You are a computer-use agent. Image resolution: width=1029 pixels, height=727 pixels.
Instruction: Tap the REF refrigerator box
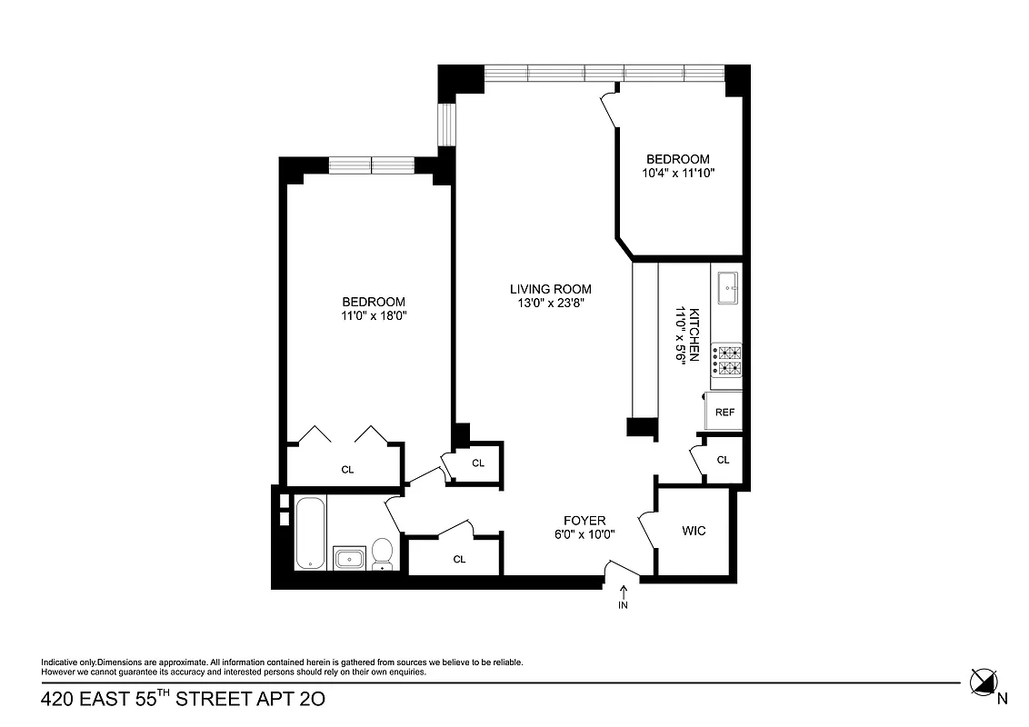[x=724, y=412]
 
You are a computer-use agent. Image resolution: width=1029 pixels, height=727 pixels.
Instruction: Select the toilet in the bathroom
[x=383, y=553]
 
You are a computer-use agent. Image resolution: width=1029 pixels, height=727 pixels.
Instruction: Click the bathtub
[x=310, y=533]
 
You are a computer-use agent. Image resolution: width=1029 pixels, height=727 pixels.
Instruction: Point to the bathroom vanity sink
[x=350, y=557]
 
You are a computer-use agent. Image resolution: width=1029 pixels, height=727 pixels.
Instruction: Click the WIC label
[x=694, y=531]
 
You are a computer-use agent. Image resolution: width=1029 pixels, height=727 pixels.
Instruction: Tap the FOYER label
[x=584, y=521]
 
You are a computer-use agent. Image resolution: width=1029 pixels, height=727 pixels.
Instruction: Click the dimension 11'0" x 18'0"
[x=374, y=316]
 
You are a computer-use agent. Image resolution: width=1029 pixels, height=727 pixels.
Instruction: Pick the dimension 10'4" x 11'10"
[x=679, y=173]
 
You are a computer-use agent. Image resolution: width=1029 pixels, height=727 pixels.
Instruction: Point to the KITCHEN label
[x=694, y=335]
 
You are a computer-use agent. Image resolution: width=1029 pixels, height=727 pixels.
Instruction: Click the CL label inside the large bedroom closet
[x=347, y=470]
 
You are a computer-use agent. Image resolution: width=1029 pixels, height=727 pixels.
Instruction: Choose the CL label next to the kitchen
[x=723, y=460]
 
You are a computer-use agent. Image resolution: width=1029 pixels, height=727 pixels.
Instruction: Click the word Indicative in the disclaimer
[x=58, y=662]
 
